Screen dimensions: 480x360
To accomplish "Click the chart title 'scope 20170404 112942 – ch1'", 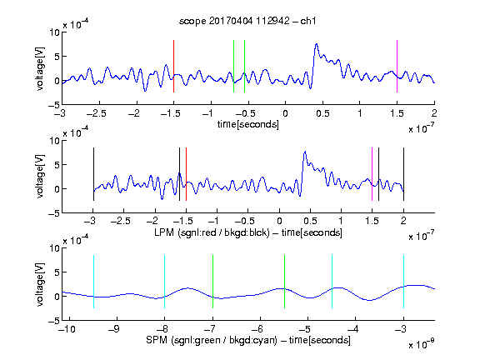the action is [x=247, y=21].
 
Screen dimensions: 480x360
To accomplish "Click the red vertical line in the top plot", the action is [x=173, y=66].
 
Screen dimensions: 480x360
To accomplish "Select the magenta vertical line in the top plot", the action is [x=397, y=66].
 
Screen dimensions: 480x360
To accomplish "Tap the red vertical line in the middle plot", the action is [x=186, y=174].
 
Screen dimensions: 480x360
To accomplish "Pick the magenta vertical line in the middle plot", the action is [x=372, y=174].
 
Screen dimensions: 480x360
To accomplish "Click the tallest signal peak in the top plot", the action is [x=317, y=44].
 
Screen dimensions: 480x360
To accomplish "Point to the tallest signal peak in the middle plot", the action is [x=305, y=152].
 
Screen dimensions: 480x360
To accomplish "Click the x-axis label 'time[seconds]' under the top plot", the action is [x=248, y=124].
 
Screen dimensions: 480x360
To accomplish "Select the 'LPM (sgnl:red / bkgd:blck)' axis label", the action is [x=212, y=232].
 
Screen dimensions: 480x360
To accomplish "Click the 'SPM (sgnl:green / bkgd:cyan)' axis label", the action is [x=212, y=340].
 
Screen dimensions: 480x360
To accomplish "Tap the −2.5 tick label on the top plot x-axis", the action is [x=96, y=113].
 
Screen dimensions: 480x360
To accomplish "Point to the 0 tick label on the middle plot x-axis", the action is [x=279, y=221].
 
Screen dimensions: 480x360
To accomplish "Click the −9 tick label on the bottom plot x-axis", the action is [x=114, y=329].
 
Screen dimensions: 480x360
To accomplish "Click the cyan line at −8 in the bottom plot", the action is [x=165, y=282].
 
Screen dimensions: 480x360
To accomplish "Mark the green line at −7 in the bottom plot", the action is [x=212, y=282].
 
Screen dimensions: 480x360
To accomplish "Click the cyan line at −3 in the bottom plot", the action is [x=403, y=282].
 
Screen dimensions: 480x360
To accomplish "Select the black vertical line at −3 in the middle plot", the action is [x=93, y=174].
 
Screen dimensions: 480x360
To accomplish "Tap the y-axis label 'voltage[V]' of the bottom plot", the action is [x=40, y=284].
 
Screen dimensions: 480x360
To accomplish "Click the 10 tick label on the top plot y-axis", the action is [x=55, y=32].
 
